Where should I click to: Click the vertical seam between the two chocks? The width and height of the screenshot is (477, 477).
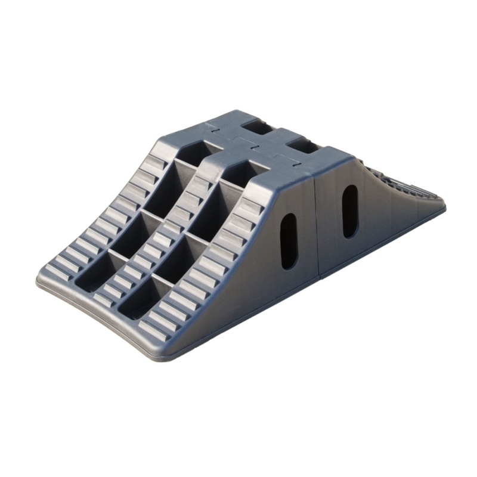pos(317,227)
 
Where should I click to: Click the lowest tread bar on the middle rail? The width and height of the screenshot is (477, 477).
pos(106,296)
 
